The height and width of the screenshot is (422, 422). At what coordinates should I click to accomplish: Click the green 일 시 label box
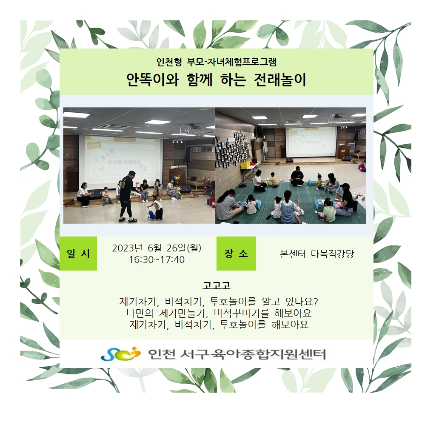78,254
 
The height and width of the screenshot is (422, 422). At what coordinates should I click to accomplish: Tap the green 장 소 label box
236,254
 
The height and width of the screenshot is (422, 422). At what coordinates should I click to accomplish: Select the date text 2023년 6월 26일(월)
157,248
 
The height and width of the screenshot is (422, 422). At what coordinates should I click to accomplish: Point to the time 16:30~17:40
157,260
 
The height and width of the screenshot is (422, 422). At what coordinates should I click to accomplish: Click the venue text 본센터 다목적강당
317,254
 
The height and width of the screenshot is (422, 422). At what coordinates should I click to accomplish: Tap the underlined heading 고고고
217,285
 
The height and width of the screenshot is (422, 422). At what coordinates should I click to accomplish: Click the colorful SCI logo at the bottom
120,354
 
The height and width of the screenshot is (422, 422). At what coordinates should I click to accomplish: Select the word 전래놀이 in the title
279,80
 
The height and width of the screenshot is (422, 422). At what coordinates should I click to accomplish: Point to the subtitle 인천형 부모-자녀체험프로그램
217,62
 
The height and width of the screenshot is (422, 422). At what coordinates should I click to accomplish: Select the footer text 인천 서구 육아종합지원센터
237,354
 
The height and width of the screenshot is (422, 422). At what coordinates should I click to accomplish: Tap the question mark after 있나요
316,302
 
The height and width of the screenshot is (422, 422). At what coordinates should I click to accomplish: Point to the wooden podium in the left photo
72,179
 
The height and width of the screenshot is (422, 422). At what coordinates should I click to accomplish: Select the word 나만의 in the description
140,313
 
